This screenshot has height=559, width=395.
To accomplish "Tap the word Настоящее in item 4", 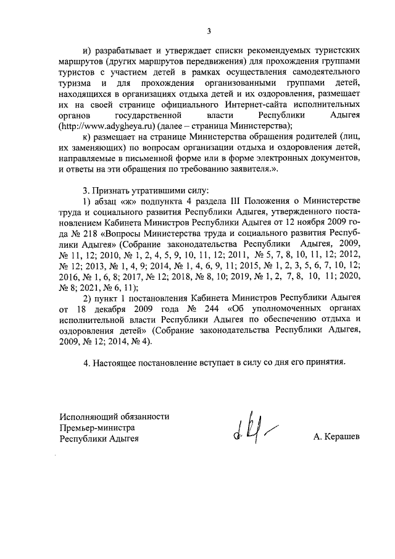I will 113,362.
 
